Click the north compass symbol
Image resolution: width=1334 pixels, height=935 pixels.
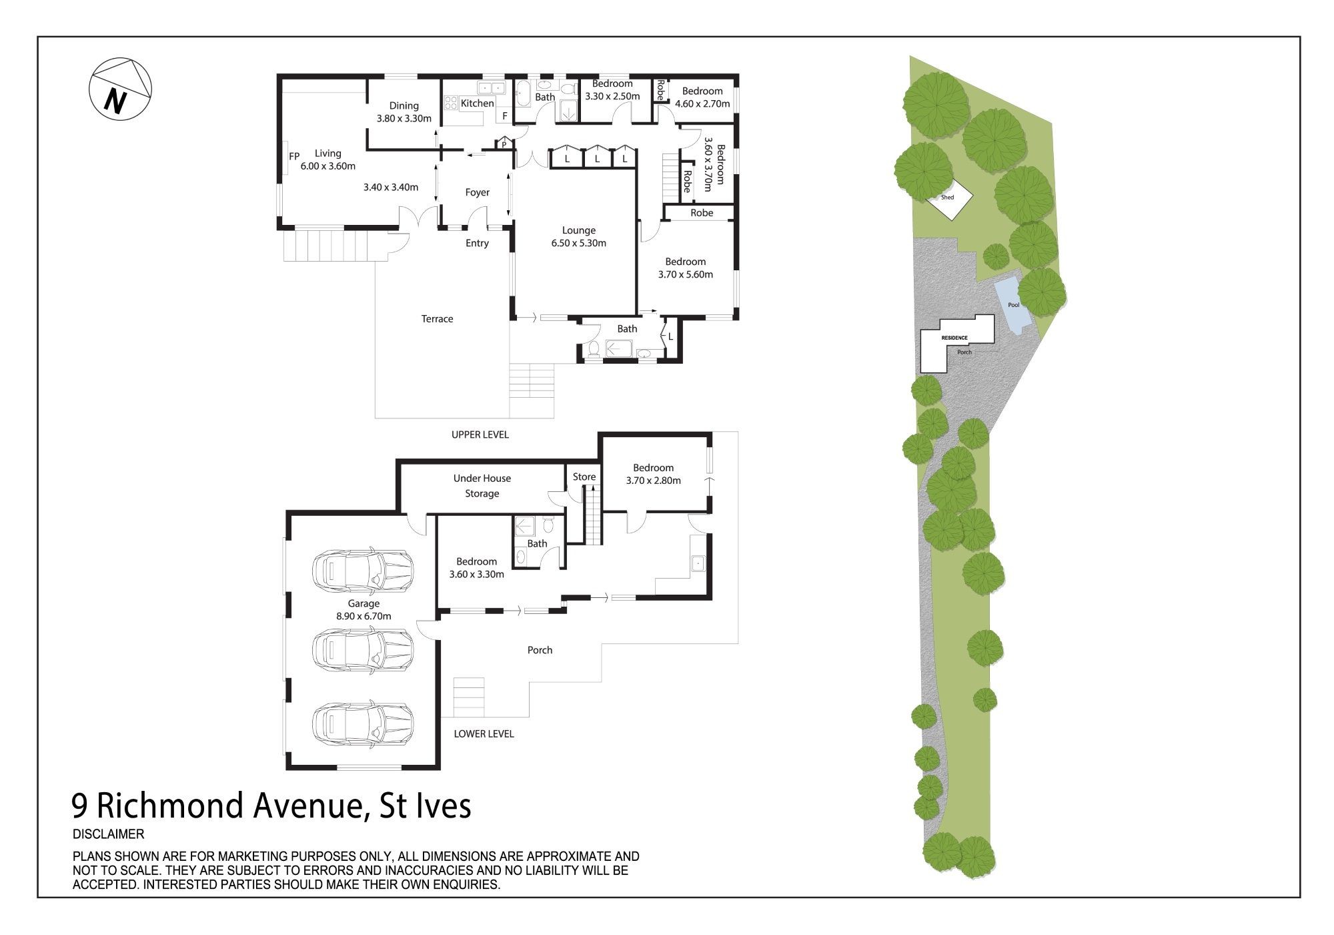121,89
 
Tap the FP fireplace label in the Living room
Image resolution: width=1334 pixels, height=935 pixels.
294,156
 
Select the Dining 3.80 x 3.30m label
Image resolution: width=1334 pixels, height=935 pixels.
404,112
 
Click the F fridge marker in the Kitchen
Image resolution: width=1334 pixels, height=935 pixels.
505,116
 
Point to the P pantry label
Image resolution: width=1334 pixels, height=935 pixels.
504,144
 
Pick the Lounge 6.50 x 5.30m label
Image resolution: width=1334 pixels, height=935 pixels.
578,237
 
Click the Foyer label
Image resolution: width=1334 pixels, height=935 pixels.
478,192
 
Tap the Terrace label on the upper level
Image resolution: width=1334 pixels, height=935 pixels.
437,319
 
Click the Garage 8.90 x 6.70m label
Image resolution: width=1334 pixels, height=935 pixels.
364,610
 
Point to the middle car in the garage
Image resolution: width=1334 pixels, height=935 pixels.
363,648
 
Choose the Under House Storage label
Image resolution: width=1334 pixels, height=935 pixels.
482,486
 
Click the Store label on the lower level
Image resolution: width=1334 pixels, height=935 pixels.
584,477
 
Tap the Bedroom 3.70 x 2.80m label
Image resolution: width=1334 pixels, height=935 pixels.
654,474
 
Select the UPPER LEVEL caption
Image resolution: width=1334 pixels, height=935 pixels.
480,434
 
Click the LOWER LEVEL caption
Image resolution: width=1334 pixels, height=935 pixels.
484,734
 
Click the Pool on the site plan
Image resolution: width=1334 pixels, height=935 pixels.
1014,304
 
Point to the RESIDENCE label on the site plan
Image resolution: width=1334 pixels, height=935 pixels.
954,338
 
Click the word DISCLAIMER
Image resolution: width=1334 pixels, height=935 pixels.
108,834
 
